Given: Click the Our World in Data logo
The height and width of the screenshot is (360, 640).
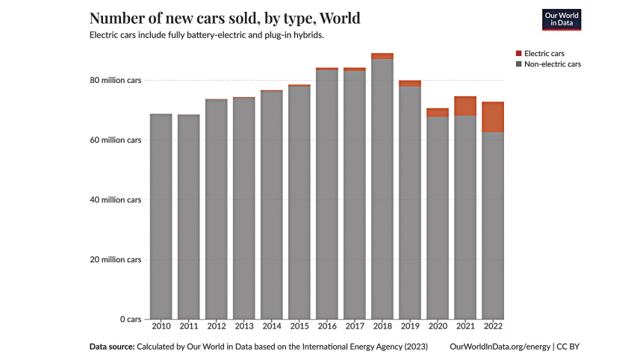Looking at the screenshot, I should point(561,19).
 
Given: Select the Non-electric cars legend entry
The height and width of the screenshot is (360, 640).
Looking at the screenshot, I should point(553,64).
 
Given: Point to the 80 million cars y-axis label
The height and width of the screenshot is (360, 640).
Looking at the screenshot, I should point(115,80).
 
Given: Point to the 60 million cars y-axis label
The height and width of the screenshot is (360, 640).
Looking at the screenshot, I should point(115,140).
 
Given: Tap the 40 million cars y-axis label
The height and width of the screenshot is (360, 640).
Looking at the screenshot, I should point(115,199).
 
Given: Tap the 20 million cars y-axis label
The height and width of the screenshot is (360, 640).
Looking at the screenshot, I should point(115,259).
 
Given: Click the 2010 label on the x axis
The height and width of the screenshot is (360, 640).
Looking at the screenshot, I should point(161,326).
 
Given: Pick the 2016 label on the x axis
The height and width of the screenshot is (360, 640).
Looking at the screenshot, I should point(326,326).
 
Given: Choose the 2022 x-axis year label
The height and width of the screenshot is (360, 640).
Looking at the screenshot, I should point(492,326).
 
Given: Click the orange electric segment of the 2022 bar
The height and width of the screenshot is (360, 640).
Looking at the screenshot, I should point(492,117).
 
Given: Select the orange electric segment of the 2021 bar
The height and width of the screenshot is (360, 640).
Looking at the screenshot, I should point(465,106).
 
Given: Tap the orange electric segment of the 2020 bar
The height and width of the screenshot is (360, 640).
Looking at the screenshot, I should point(437,113).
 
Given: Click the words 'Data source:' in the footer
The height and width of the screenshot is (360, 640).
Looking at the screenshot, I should point(111,347).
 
